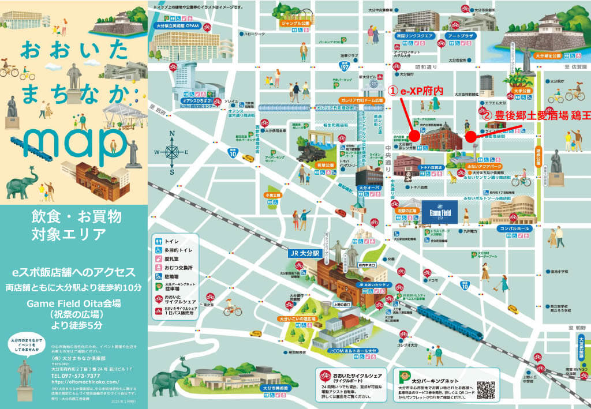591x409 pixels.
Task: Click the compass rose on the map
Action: pyautogui.click(x=172, y=152)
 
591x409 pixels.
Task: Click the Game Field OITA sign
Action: pyautogui.click(x=440, y=210)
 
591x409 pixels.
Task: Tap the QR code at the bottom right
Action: pyautogui.click(x=486, y=390)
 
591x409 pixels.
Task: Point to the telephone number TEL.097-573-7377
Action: pyautogui.click(x=75, y=376)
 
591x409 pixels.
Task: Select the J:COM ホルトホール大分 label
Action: pyautogui.click(x=352, y=350)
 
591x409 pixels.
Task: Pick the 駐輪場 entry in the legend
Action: pyautogui.click(x=173, y=276)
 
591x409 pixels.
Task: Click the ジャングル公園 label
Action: pyautogui.click(x=295, y=24)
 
